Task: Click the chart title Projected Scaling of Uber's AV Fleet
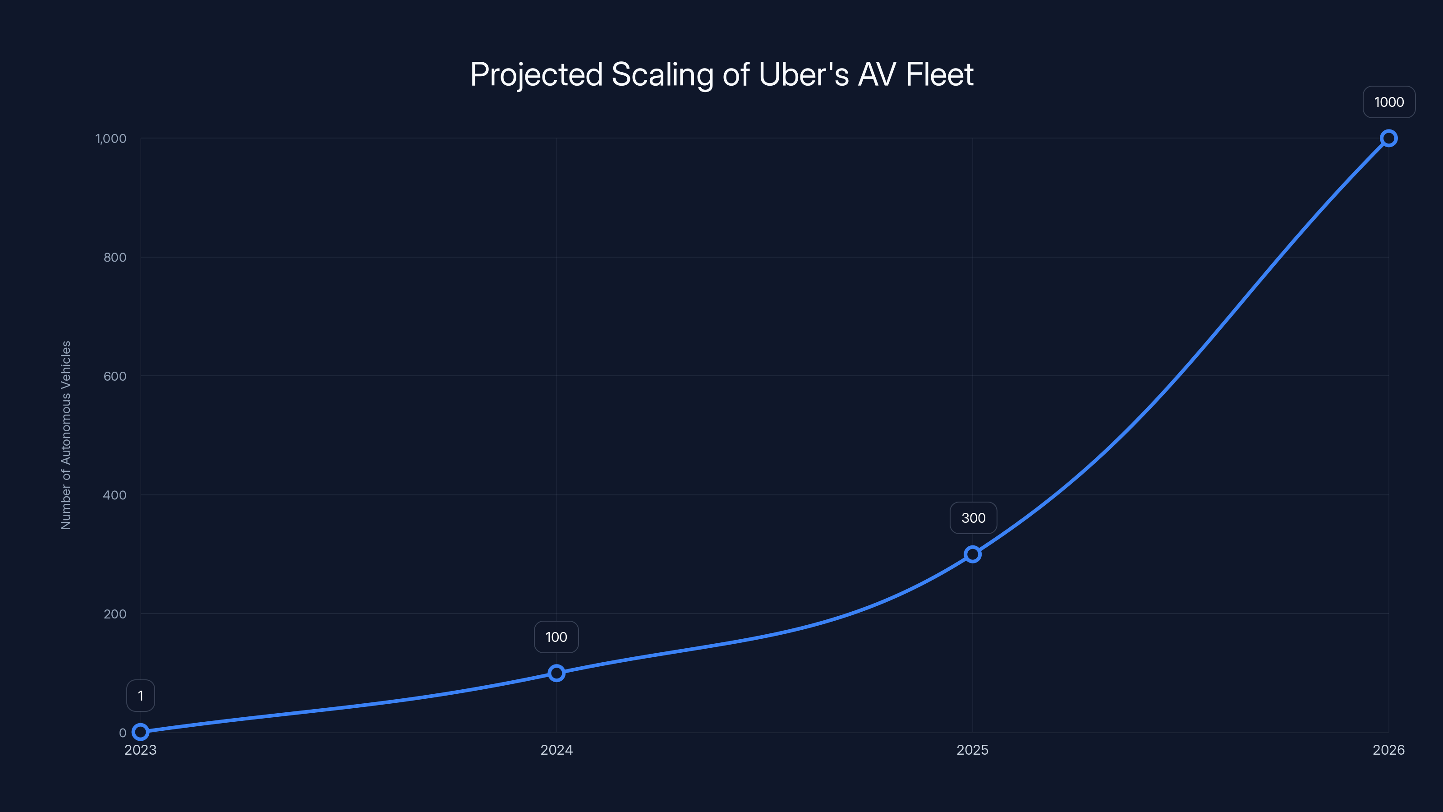click(721, 74)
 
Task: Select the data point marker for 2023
click(141, 731)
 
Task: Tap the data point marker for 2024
click(556, 673)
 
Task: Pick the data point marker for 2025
click(973, 554)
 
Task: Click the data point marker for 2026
click(1389, 138)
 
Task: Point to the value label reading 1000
click(1389, 102)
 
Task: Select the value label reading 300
click(973, 518)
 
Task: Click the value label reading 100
click(556, 637)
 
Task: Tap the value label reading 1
click(141, 696)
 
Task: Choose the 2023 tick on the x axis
click(141, 750)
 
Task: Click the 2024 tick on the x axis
click(556, 750)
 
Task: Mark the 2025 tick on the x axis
click(973, 750)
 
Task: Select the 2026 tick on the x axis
click(1389, 750)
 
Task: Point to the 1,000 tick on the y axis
click(111, 138)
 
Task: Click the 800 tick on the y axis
click(115, 257)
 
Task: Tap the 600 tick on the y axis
click(115, 376)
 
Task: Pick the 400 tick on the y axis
click(115, 495)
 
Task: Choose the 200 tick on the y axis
click(115, 614)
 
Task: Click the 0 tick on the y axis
click(122, 733)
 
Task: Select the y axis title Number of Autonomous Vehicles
click(66, 435)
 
